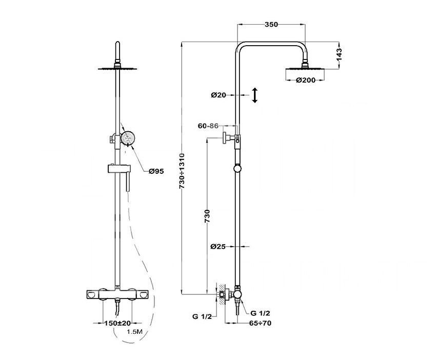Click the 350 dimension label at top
(271, 25)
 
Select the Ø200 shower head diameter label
(306, 81)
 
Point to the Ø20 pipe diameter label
(219, 95)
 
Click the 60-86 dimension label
(208, 126)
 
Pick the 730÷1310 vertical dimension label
(182, 171)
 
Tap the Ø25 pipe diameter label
(218, 246)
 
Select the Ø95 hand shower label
(156, 171)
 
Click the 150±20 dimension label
(117, 323)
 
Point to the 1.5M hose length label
(134, 332)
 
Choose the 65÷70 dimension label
(260, 323)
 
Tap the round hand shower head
(128, 138)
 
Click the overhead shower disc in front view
(117, 68)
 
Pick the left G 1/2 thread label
(202, 316)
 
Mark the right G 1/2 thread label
(260, 313)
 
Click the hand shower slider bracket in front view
(118, 169)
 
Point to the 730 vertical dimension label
(207, 216)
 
